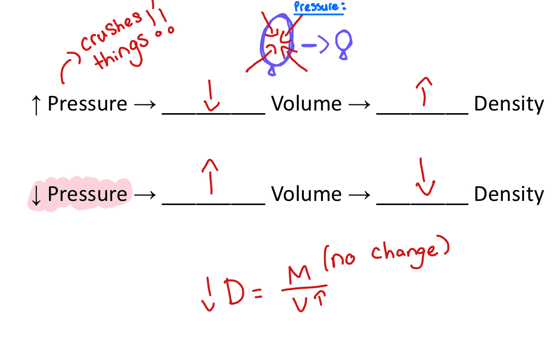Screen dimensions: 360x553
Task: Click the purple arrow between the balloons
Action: pyautogui.click(x=315, y=45)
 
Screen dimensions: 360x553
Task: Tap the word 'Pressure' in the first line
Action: pyautogui.click(x=87, y=104)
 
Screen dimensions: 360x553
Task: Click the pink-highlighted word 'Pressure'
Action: pyautogui.click(x=87, y=195)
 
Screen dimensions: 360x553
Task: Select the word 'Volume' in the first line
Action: pyautogui.click(x=306, y=104)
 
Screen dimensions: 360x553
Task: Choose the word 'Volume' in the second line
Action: pyautogui.click(x=306, y=195)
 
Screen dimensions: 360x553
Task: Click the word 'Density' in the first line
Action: pyautogui.click(x=509, y=104)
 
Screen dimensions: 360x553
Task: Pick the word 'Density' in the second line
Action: pyautogui.click(x=509, y=195)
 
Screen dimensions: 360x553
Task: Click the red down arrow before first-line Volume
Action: pyautogui.click(x=210, y=96)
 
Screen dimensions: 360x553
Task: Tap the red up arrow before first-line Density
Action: pyautogui.click(x=424, y=91)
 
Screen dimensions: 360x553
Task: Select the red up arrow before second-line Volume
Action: pyautogui.click(x=209, y=176)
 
